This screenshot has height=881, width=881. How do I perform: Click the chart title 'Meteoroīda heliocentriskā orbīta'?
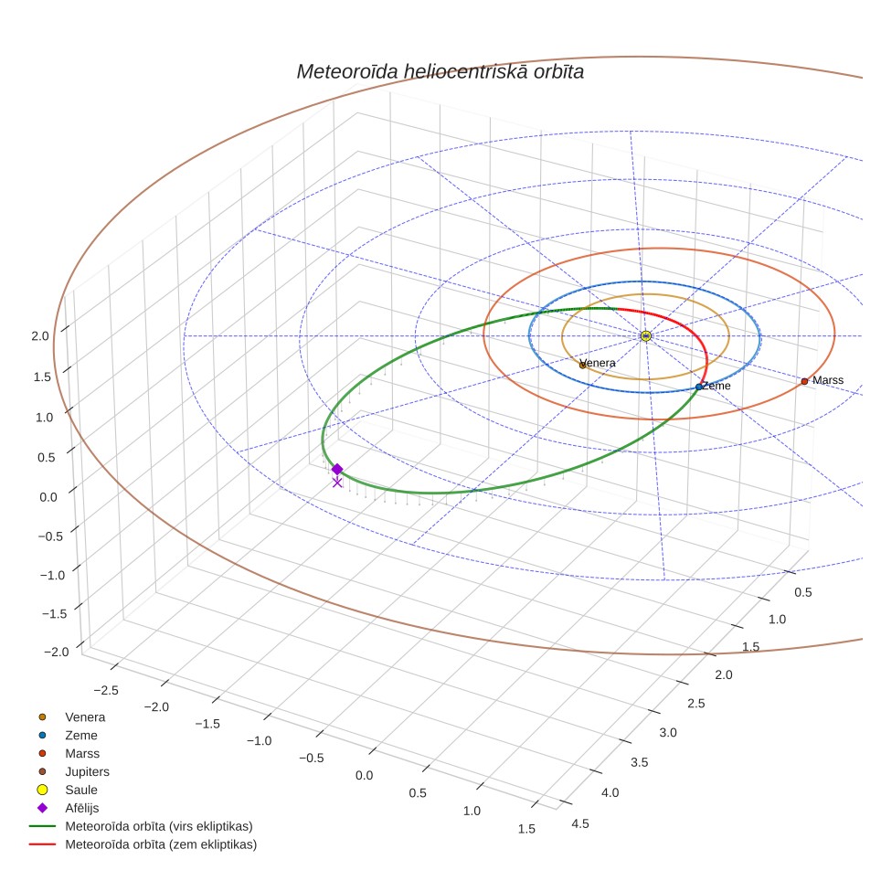click(440, 72)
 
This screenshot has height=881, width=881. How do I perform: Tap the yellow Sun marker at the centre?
click(645, 336)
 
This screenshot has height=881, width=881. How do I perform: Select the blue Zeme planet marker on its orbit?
click(698, 387)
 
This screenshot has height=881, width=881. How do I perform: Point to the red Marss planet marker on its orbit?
click(804, 381)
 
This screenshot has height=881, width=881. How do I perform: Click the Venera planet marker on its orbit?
click(583, 366)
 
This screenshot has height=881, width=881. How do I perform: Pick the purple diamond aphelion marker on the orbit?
click(337, 469)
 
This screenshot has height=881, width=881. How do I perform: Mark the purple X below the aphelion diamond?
click(337, 483)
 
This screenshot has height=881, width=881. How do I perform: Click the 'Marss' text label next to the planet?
click(828, 380)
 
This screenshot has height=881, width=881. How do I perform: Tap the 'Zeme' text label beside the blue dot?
click(716, 386)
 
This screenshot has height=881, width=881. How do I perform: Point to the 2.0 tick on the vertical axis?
click(40, 336)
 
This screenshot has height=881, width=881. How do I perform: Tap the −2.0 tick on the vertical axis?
click(57, 652)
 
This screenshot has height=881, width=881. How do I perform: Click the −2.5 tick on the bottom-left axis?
click(106, 691)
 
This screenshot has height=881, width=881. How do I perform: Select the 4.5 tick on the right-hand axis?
click(580, 823)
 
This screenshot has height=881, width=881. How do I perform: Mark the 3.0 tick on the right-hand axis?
click(668, 733)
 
